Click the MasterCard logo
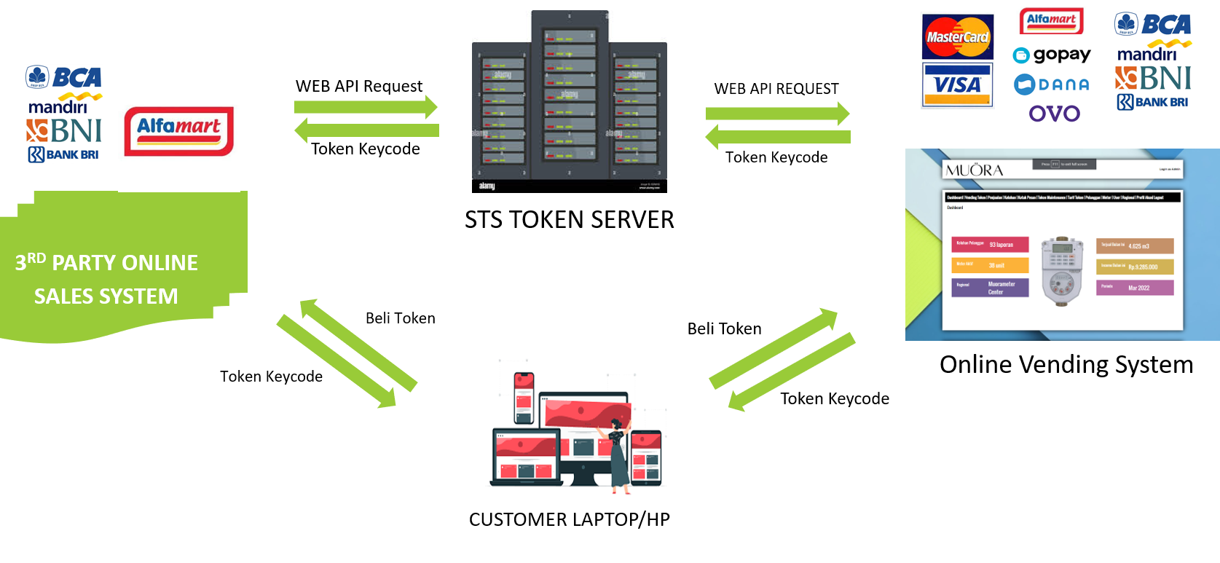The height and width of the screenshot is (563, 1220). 957,36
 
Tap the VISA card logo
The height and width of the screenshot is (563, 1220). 957,85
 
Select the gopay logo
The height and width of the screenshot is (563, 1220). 1052,55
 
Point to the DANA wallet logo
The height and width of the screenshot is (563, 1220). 1052,84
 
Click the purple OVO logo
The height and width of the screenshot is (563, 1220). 1054,114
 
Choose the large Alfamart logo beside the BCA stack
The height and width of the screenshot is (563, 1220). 179,131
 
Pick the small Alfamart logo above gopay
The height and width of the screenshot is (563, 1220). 1051,20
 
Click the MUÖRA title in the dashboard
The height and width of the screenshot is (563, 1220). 974,170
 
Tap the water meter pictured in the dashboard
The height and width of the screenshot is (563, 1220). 1062,270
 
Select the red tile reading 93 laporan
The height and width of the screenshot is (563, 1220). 990,245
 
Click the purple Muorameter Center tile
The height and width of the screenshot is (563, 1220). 990,288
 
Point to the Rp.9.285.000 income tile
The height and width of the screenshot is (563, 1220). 1135,267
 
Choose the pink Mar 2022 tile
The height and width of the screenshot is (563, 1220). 1135,288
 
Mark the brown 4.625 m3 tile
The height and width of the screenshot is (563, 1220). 1135,246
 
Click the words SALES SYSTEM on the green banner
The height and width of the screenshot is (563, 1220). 106,296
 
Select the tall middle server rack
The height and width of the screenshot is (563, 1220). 570,95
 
